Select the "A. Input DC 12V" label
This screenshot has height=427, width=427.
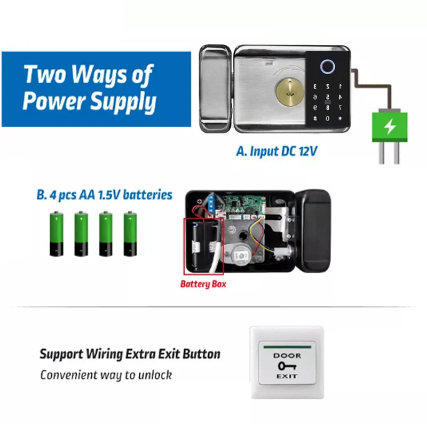(276, 151)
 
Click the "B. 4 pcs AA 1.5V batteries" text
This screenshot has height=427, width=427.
(105, 195)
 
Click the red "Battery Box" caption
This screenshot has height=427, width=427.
(203, 283)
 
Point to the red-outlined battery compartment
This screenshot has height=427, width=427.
(203, 245)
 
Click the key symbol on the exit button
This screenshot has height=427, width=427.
(287, 366)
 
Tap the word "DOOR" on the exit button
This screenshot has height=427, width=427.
(287, 355)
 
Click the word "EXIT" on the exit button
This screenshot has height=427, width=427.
(287, 377)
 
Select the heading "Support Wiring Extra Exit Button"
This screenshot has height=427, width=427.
(130, 354)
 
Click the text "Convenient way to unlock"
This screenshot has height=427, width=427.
(106, 375)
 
